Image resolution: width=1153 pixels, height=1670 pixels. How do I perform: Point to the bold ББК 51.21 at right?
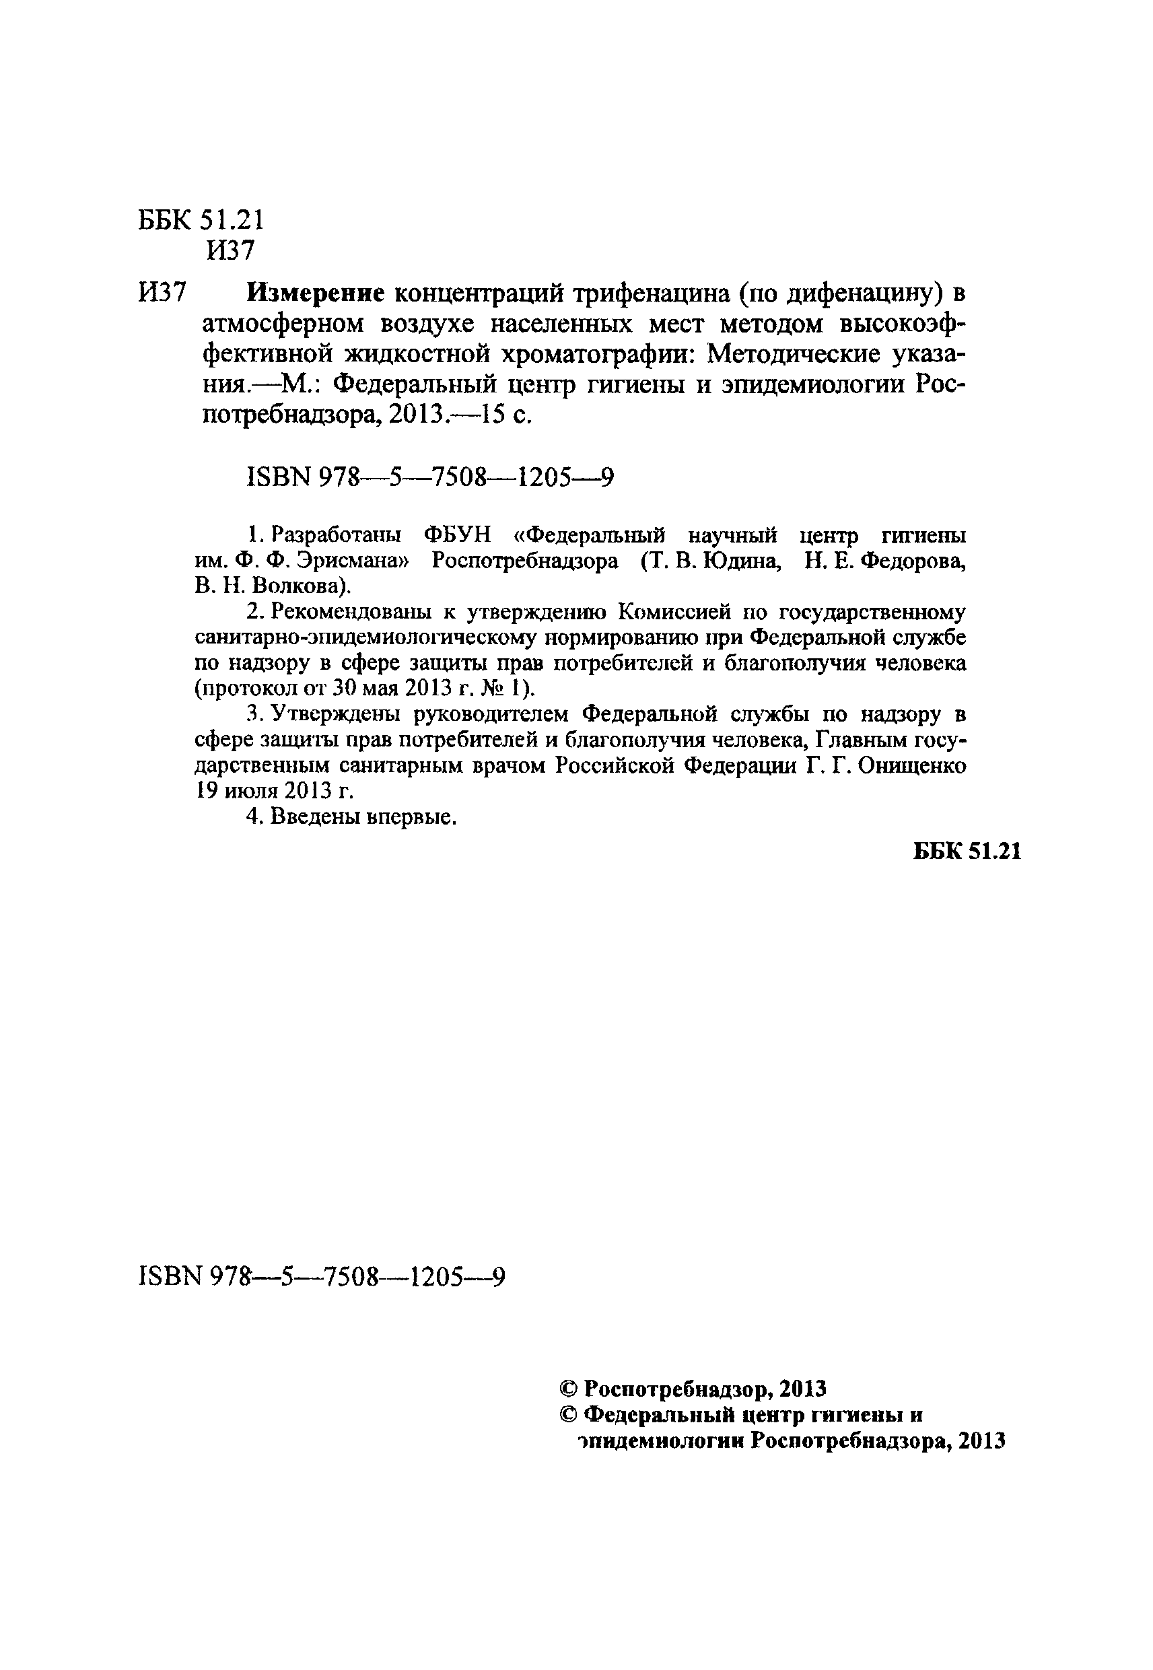967,851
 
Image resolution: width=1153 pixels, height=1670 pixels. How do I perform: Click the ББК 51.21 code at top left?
201,219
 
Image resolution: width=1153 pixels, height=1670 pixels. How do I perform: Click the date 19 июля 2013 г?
275,791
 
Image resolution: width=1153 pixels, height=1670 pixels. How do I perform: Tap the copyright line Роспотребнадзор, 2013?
693,1388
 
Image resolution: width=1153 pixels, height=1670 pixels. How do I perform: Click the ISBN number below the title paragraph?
431,477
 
